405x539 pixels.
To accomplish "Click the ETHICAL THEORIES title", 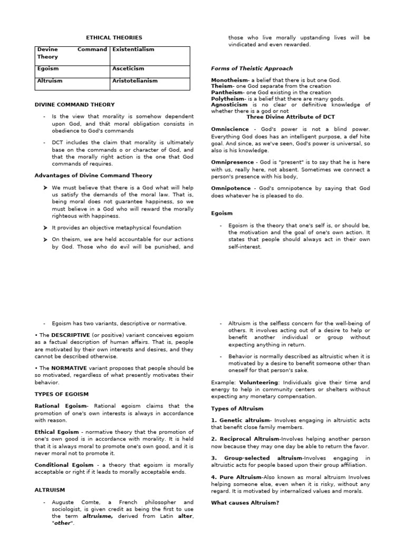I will pos(114,38).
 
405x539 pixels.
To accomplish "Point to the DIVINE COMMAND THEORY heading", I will pos(74,105).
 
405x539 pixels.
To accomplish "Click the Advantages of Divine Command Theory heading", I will pos(93,175).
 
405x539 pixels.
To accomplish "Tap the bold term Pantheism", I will pos(227,92).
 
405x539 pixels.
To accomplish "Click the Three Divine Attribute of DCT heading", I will pos(291,117).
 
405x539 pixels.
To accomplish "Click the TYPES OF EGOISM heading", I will pos(62,394).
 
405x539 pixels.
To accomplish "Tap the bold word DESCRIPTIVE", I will pos(71,335).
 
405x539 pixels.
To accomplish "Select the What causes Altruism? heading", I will pos(245,503).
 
